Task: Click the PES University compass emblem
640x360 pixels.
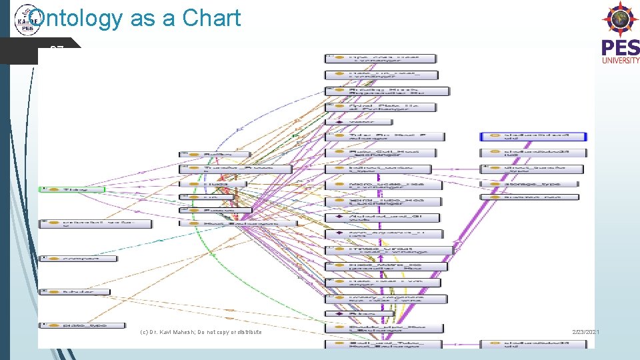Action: [x=620, y=19]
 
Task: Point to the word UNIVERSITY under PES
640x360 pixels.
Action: [x=621, y=60]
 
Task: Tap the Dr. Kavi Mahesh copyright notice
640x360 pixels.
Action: [x=201, y=332]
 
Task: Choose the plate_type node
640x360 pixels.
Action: [x=82, y=325]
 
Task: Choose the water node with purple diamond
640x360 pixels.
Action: [x=359, y=122]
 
